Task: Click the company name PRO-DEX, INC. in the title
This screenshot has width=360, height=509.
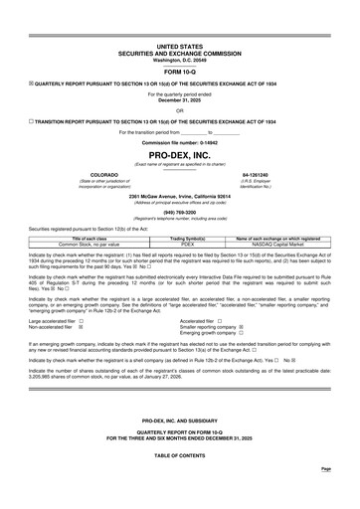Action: click(180, 156)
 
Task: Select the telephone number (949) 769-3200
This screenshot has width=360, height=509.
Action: click(180, 212)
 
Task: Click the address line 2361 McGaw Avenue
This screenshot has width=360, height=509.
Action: click(180, 196)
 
